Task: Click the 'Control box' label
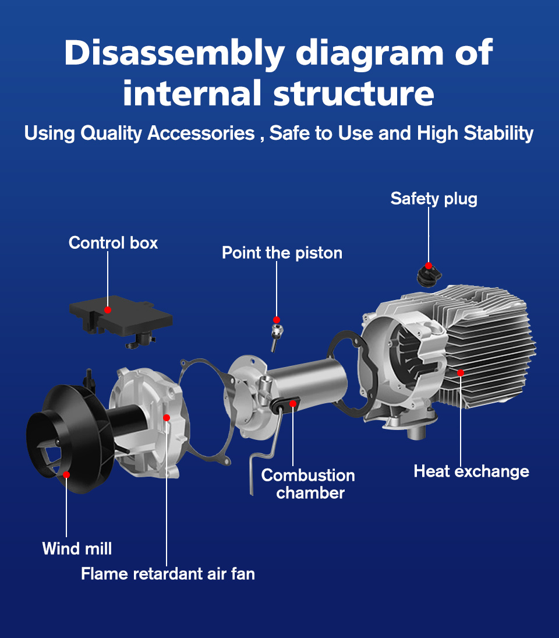click(x=113, y=242)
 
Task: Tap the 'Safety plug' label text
click(x=434, y=199)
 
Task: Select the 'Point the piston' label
click(x=282, y=253)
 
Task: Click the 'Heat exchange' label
click(x=471, y=471)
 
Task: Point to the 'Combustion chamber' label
click(x=309, y=484)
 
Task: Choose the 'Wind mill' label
click(x=77, y=548)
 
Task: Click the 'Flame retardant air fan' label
click(x=168, y=574)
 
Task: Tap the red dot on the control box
click(x=108, y=309)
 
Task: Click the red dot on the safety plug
click(x=429, y=266)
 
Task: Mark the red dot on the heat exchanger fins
click(x=461, y=372)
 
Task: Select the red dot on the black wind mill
click(x=66, y=475)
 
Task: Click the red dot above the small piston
click(x=277, y=320)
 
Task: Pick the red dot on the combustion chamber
click(x=293, y=403)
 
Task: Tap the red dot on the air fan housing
click(x=167, y=418)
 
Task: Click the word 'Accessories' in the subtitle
click(x=201, y=133)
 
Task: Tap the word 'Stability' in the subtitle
click(x=499, y=133)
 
